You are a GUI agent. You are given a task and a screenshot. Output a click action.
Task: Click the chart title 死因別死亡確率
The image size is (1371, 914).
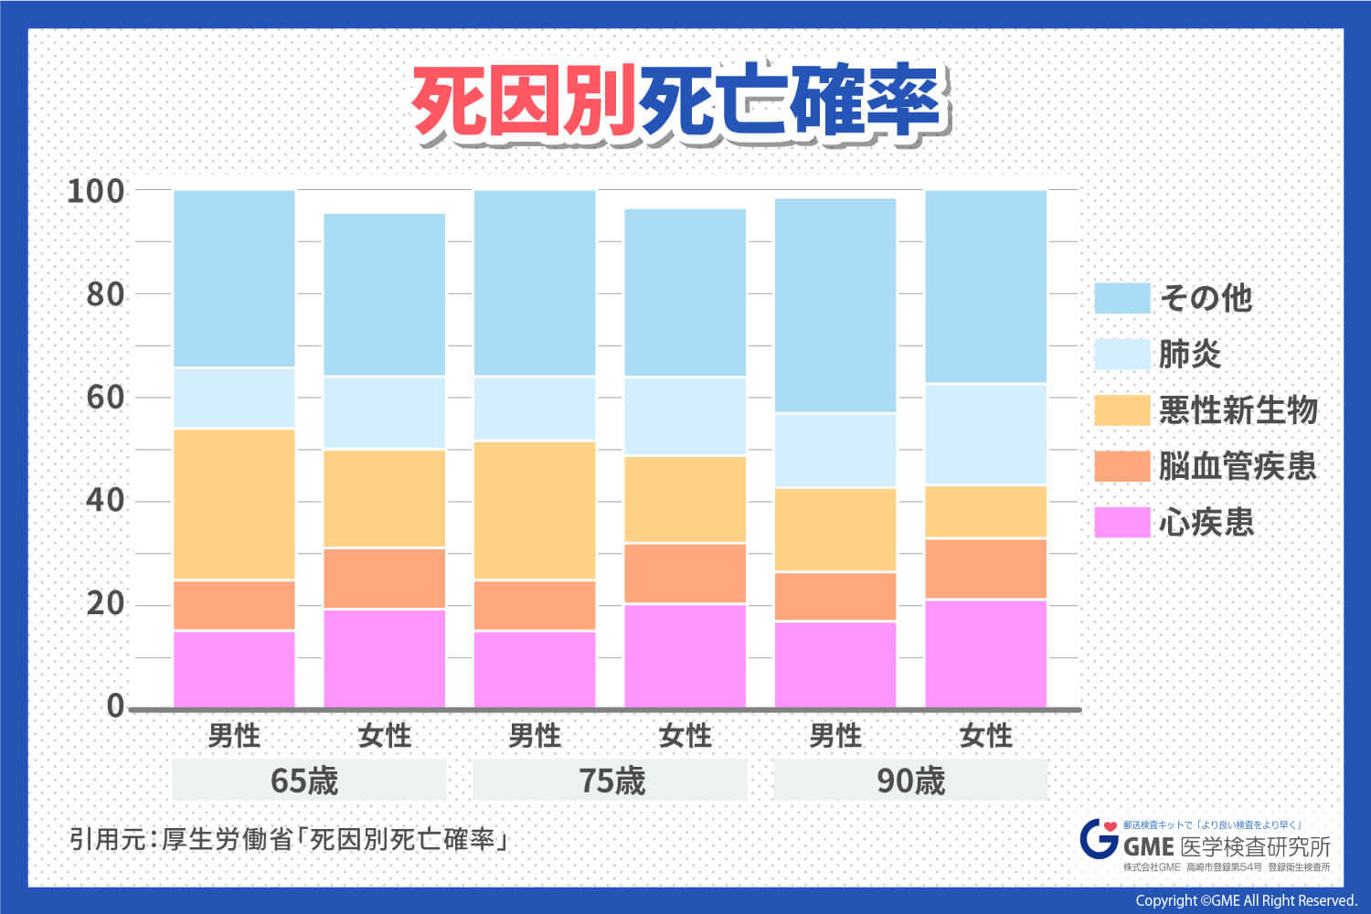click(681, 102)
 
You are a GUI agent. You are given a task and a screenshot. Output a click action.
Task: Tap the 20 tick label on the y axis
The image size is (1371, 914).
click(105, 603)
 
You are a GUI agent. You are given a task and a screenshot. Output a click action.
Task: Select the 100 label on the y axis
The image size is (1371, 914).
click(96, 191)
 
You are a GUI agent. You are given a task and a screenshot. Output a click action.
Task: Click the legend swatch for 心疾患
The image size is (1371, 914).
click(1121, 522)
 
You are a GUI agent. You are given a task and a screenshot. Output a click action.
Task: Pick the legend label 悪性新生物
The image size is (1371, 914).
click(1238, 410)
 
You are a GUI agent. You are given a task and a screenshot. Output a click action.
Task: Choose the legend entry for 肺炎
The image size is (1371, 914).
click(1189, 354)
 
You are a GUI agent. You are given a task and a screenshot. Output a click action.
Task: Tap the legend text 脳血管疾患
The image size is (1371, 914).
click(1238, 466)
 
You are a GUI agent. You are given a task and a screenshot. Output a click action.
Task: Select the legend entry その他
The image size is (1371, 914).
click(1205, 298)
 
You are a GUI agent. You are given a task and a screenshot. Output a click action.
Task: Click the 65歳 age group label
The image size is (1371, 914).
click(305, 781)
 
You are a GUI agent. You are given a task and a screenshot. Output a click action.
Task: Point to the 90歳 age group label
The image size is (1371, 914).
click(910, 781)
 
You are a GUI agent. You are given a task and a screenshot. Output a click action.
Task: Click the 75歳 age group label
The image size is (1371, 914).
click(611, 781)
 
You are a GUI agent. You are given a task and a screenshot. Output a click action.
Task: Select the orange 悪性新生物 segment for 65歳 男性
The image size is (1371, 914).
click(234, 505)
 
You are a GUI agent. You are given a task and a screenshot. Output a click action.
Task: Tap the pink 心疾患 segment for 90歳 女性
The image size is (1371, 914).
click(986, 653)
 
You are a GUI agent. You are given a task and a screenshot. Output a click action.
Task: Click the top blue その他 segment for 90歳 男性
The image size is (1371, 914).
click(835, 306)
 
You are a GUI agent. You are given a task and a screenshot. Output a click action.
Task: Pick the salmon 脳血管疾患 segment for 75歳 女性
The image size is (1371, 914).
click(685, 573)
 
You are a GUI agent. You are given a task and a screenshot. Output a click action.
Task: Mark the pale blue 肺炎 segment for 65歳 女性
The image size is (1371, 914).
click(385, 412)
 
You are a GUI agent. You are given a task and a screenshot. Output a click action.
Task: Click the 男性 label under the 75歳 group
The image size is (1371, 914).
click(535, 736)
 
